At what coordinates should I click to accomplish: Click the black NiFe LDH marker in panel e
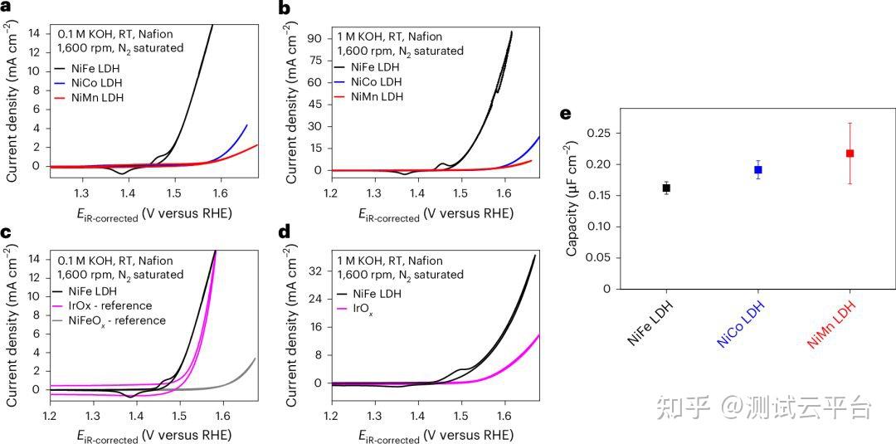666,188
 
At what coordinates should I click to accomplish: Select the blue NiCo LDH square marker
757,169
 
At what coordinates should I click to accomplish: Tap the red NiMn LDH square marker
850,154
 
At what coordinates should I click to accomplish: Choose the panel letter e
567,115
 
